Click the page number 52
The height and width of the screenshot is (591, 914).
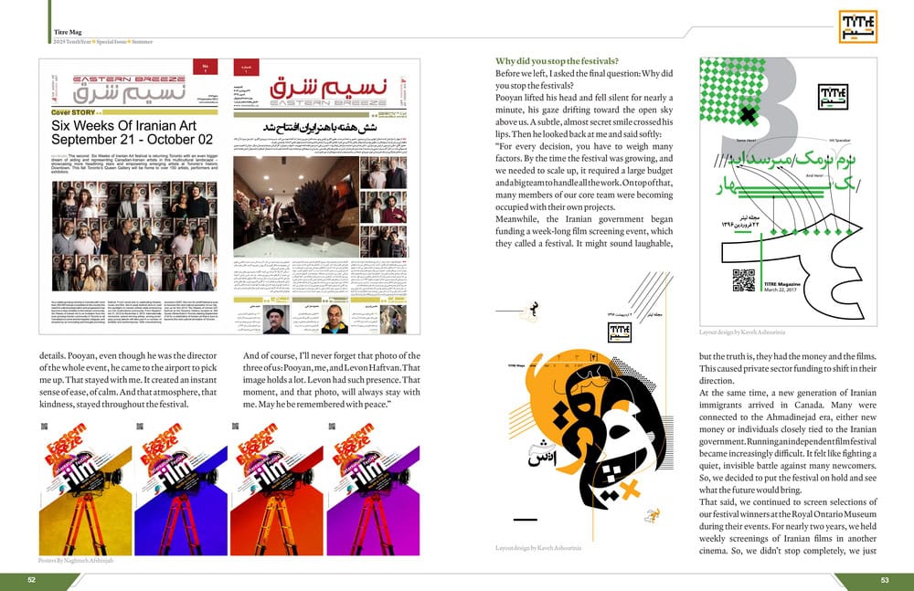[x=31, y=580]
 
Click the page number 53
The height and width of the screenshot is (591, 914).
[x=884, y=580]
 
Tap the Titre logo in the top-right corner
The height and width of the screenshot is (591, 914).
[x=857, y=26]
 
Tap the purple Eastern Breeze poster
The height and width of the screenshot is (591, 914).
[x=373, y=488]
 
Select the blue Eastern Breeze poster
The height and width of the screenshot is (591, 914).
[x=181, y=488]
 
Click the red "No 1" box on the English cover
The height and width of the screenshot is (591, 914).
[x=206, y=67]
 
